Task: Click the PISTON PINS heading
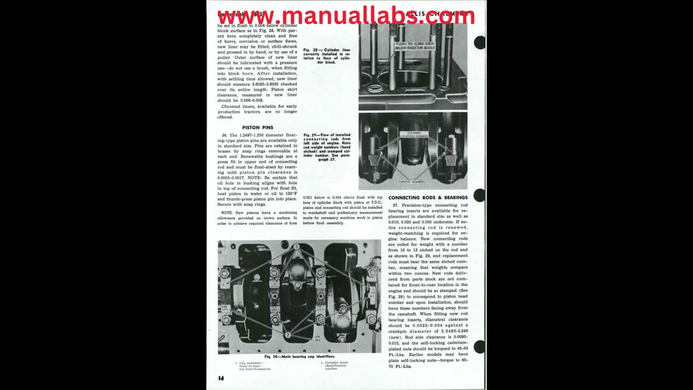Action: click(257, 127)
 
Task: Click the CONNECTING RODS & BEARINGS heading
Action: click(428, 198)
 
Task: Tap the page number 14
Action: click(221, 378)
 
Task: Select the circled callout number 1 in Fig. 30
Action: click(296, 247)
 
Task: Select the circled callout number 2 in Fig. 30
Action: click(288, 335)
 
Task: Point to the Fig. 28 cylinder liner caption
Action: click(326, 56)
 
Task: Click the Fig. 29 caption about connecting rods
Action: click(326, 147)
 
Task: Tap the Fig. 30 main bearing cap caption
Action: click(299, 356)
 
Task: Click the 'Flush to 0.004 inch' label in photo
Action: click(415, 45)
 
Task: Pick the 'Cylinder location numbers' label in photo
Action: click(413, 135)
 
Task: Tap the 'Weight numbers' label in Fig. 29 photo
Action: click(411, 181)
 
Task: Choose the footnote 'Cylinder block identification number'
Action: click(336, 366)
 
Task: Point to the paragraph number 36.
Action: click(224, 135)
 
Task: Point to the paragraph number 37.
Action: click(395, 205)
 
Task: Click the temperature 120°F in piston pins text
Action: click(291, 193)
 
